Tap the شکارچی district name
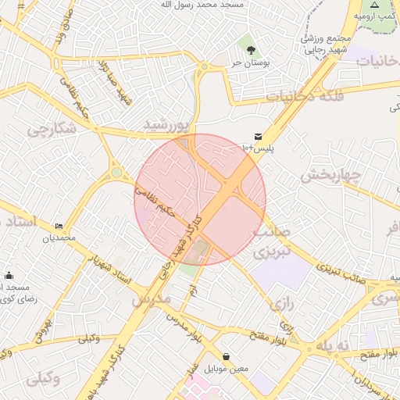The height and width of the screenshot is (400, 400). point(48,130)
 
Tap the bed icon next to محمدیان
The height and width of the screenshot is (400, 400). point(59,226)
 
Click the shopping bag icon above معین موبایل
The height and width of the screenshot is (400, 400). point(226,356)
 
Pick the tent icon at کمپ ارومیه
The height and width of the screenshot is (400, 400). point(374,5)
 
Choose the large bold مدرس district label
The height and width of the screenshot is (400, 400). point(151,298)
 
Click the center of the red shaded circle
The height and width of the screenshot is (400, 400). point(200,199)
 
